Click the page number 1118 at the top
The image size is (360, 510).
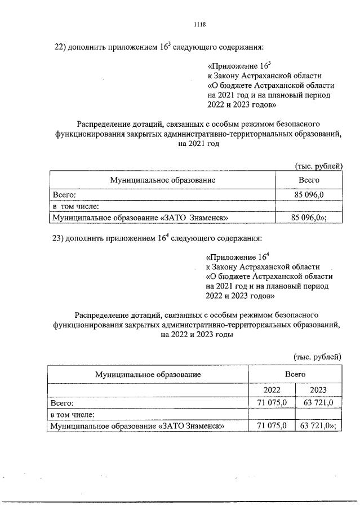pyautogui.click(x=199, y=25)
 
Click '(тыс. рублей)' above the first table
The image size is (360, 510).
pyautogui.click(x=318, y=166)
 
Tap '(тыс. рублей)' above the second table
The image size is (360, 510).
pyautogui.click(x=317, y=356)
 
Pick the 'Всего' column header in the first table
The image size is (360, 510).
pyautogui.click(x=309, y=179)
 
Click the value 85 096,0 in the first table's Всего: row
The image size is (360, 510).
pyautogui.click(x=309, y=194)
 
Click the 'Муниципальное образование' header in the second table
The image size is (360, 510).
pyautogui.click(x=148, y=374)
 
